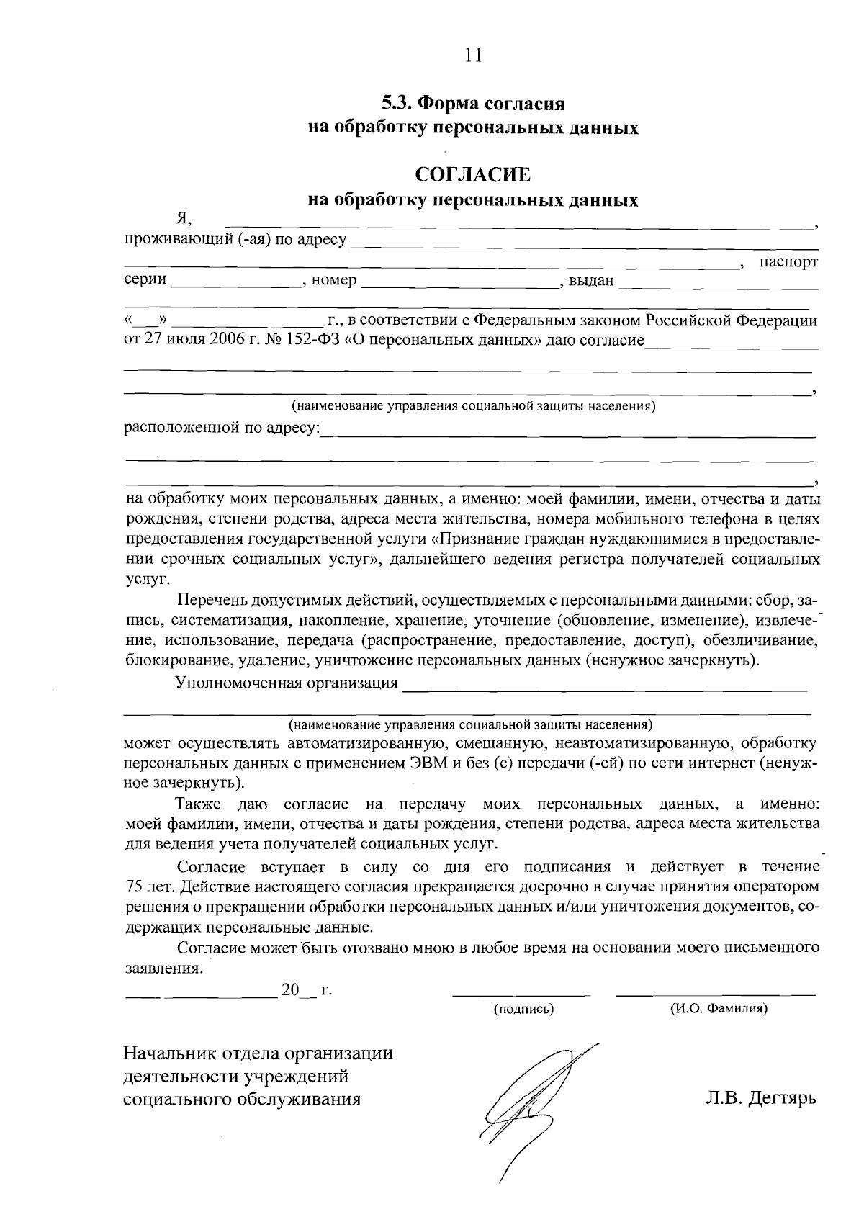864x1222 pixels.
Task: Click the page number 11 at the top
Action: point(472,55)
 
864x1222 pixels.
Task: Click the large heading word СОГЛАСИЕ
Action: point(472,175)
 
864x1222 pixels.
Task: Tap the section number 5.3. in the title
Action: point(397,103)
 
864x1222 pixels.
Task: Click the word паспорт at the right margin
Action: point(789,262)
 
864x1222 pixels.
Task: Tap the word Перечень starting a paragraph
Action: point(209,599)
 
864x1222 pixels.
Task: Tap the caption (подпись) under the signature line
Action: point(523,1010)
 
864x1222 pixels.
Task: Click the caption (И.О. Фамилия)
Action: point(719,1010)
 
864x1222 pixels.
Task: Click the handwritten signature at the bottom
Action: point(529,1102)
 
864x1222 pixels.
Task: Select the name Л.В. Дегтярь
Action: point(760,1099)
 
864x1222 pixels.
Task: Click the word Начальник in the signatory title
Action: point(166,1053)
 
